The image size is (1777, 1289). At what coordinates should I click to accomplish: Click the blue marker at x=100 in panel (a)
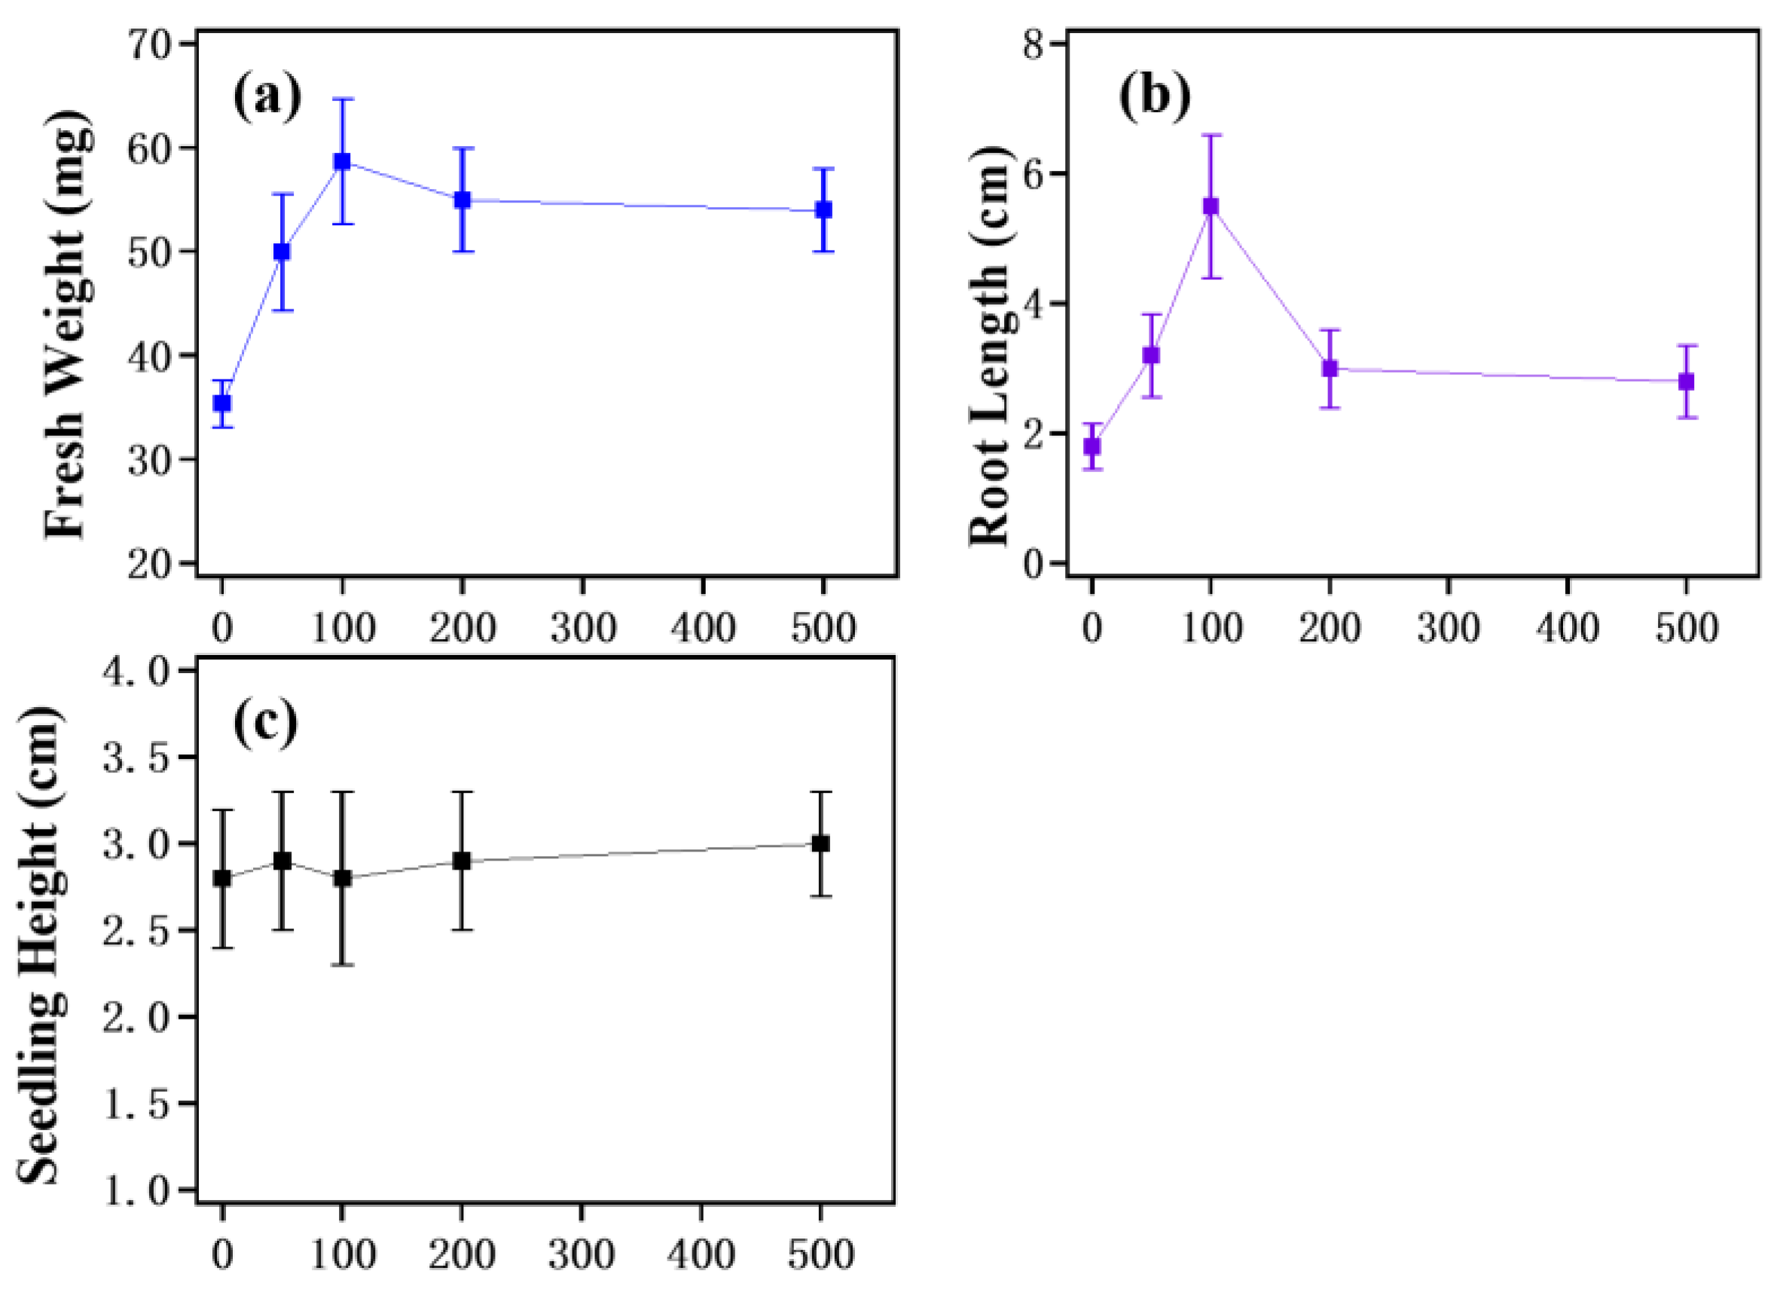pos(341,161)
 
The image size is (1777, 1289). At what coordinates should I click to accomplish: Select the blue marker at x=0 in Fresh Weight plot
pos(222,404)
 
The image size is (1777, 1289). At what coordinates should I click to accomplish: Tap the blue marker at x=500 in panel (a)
pos(823,210)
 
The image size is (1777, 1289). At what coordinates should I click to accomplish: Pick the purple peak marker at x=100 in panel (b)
pos(1211,207)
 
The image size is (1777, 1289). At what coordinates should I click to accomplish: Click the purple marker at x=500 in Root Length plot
pos(1686,382)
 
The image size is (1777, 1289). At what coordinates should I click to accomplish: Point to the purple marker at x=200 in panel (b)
pos(1330,368)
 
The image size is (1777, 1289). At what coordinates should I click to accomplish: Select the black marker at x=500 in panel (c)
pos(820,844)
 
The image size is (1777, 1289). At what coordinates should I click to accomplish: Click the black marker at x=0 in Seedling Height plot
pos(222,878)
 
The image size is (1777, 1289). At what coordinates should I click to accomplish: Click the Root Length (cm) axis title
pos(989,345)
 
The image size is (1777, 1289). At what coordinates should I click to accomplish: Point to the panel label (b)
pos(1154,99)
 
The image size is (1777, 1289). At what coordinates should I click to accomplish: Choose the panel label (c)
pos(266,724)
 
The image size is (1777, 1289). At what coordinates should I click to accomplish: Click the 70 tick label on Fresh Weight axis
pos(156,44)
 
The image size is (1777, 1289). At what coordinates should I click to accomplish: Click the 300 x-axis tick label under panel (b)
pos(1448,629)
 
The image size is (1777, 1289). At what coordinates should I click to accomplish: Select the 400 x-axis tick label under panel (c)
pos(701,1255)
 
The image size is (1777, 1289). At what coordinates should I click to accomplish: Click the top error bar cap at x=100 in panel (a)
pos(341,99)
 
